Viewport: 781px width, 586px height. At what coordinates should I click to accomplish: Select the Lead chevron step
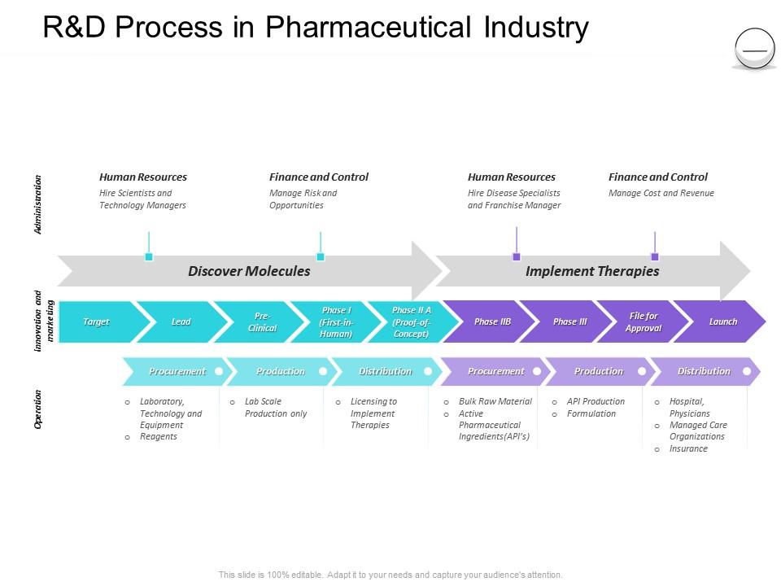click(x=181, y=321)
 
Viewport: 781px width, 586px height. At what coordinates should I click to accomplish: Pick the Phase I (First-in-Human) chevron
click(x=336, y=321)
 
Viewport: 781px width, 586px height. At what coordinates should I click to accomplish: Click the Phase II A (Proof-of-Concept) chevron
click(x=412, y=321)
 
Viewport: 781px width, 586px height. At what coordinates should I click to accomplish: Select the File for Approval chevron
click(x=644, y=321)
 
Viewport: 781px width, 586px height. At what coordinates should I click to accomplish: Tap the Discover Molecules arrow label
click(x=249, y=271)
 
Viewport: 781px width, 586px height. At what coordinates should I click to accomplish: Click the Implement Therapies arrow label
click(x=592, y=271)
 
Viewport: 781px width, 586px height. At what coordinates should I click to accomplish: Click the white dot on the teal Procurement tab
click(x=219, y=371)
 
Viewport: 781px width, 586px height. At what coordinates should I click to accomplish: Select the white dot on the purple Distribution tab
click(x=747, y=371)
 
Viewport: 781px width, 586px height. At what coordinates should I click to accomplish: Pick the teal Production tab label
click(x=281, y=371)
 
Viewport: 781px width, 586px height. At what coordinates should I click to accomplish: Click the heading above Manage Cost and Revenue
click(x=658, y=177)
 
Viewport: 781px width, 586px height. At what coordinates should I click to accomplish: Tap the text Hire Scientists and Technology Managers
click(x=142, y=199)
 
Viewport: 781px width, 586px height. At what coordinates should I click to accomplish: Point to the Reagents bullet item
click(x=159, y=436)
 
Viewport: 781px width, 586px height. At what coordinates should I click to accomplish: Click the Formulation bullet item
click(x=591, y=413)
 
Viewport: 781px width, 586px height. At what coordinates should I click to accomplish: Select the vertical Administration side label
click(x=38, y=204)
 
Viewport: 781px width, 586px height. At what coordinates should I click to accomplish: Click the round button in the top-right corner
click(x=755, y=48)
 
